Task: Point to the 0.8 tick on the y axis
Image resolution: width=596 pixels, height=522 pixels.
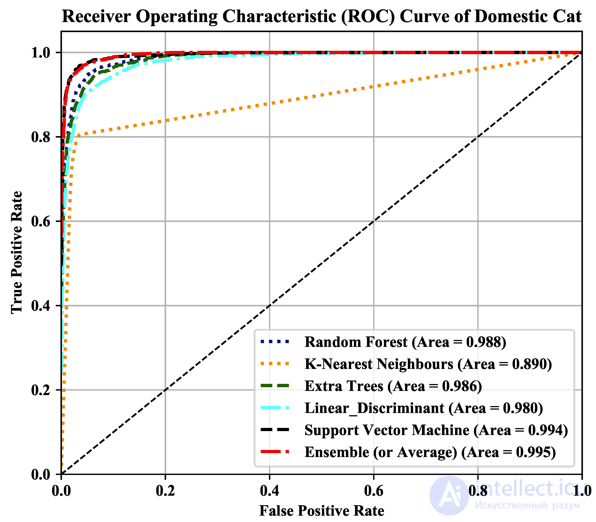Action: [x=41, y=137]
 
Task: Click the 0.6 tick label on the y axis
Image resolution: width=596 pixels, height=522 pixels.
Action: [x=41, y=221]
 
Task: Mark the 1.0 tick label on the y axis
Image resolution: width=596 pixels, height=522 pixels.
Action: [x=41, y=53]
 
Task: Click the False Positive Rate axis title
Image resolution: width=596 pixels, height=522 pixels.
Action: [x=322, y=511]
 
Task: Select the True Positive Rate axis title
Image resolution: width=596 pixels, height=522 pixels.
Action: [x=17, y=253]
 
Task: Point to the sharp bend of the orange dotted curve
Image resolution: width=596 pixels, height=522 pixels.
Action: [x=78, y=135]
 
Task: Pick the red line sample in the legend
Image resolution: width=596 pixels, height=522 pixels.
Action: [x=275, y=452]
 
